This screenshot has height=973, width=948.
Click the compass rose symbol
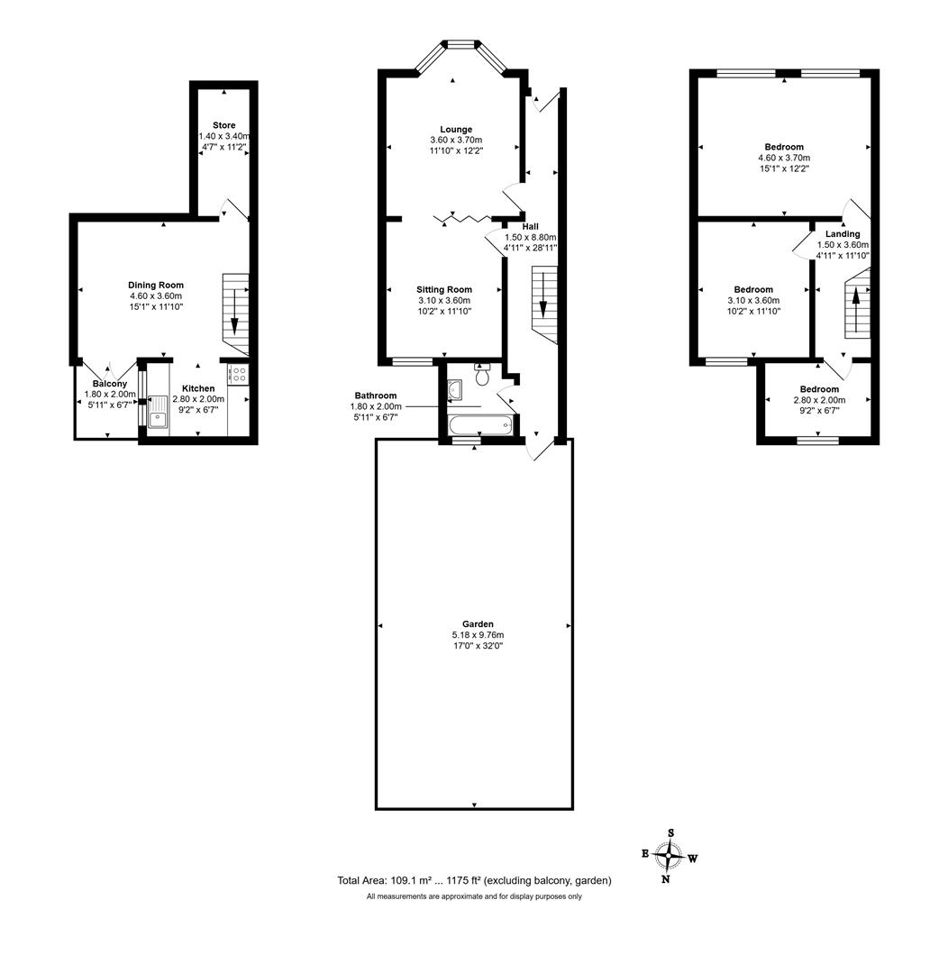point(668,855)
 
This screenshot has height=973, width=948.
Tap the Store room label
point(223,125)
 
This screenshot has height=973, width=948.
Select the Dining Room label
point(155,285)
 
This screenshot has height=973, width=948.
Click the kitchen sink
point(159,412)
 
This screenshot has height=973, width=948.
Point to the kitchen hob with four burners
point(239,375)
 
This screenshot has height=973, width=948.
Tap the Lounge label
point(455,130)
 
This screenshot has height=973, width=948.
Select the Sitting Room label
point(443,289)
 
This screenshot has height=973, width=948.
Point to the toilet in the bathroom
point(482,375)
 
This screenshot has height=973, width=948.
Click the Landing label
point(842,233)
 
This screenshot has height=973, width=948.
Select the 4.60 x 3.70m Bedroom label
point(783,146)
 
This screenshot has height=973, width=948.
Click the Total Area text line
point(474,880)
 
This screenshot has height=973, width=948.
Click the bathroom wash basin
point(455,387)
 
